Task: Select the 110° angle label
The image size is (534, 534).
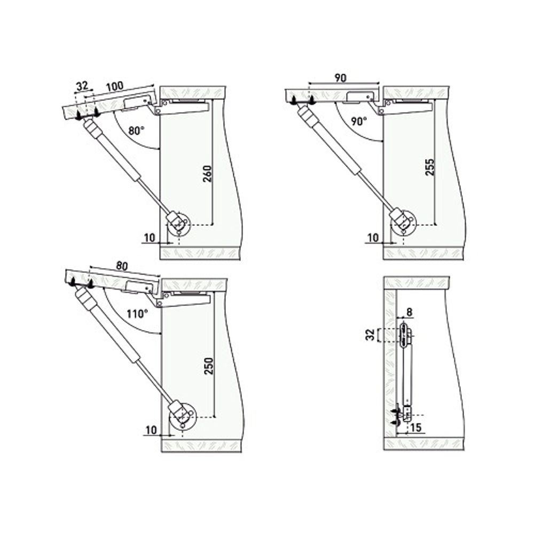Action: tap(137, 314)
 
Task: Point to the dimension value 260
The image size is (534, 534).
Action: tap(209, 174)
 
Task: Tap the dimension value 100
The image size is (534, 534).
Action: tap(114, 86)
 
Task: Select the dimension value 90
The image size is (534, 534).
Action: tap(341, 78)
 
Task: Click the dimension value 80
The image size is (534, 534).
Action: tap(122, 265)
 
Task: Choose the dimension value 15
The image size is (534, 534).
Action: tap(417, 427)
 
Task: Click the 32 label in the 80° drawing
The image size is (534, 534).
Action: tap(82, 85)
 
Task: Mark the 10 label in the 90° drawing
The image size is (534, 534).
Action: tap(372, 237)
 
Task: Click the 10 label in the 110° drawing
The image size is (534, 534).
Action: tap(150, 429)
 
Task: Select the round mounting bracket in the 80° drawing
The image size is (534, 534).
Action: tap(179, 225)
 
